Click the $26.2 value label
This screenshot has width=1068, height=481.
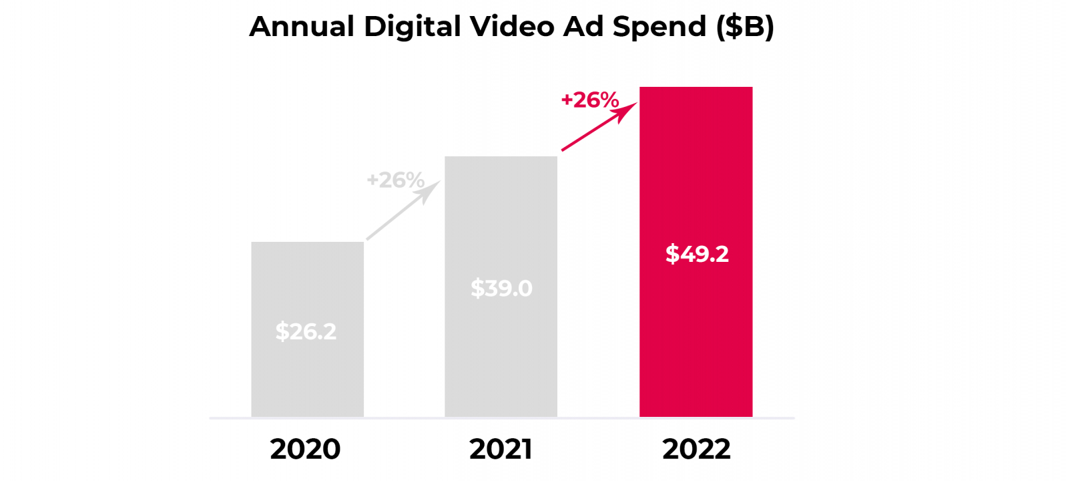[306, 331]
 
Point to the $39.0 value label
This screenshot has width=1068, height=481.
[501, 289]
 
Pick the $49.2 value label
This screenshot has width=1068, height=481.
[697, 254]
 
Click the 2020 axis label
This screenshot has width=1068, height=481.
[305, 449]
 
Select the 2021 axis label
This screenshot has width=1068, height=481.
[501, 449]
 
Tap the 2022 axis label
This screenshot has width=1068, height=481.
[696, 449]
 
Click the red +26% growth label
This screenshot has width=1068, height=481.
[590, 100]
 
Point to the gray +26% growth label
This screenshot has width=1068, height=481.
[395, 180]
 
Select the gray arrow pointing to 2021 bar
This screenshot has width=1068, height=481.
[400, 212]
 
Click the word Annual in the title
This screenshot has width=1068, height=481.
[302, 27]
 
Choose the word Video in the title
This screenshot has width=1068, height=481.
[512, 27]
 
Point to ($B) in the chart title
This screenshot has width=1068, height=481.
[745, 27]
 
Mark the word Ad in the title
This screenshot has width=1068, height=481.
[583, 27]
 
